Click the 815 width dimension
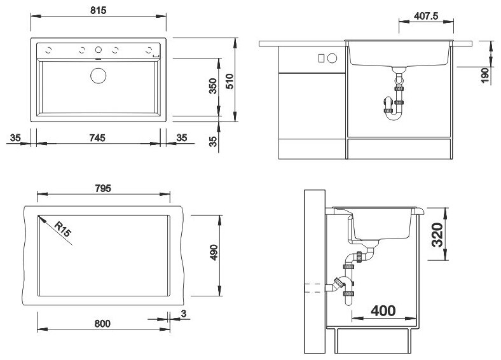98,11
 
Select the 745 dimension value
97,138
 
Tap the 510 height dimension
230,81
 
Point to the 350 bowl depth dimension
213,86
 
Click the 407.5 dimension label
426,16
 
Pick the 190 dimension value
485,76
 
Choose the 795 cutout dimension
103,188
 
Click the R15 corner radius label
62,230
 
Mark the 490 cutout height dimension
214,253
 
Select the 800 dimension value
102,324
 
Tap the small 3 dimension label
183,314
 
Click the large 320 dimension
437,235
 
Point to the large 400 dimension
383,310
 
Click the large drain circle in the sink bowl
99,76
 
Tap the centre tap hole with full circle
99,50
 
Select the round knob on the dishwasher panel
332,58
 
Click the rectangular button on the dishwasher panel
322,58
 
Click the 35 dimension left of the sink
15,138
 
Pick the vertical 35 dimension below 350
213,141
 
